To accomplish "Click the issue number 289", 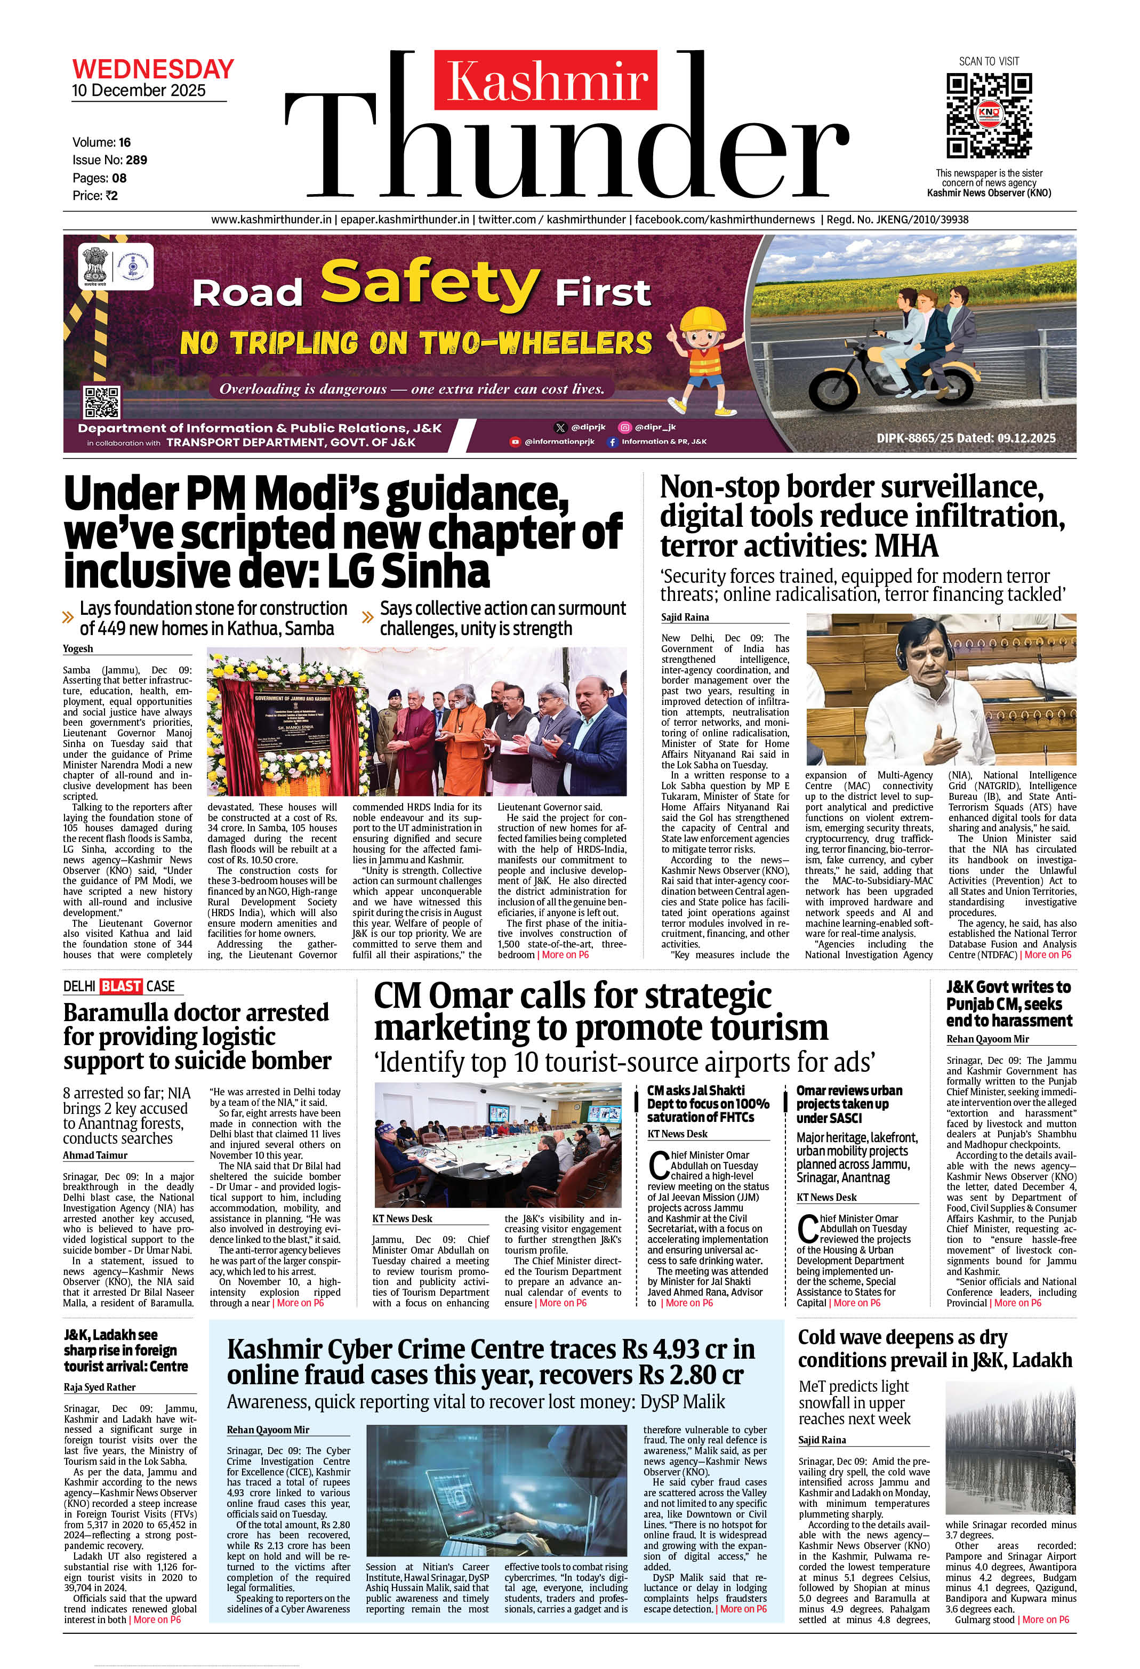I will tap(136, 160).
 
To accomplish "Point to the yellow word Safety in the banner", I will tap(428, 283).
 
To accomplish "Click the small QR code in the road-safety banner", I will tap(101, 402).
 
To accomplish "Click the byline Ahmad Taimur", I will tap(95, 1155).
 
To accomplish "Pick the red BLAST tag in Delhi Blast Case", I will tap(121, 986).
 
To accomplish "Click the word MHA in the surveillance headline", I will tap(906, 547).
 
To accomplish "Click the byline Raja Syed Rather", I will tap(99, 1387).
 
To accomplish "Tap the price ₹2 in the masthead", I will tap(110, 195).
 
